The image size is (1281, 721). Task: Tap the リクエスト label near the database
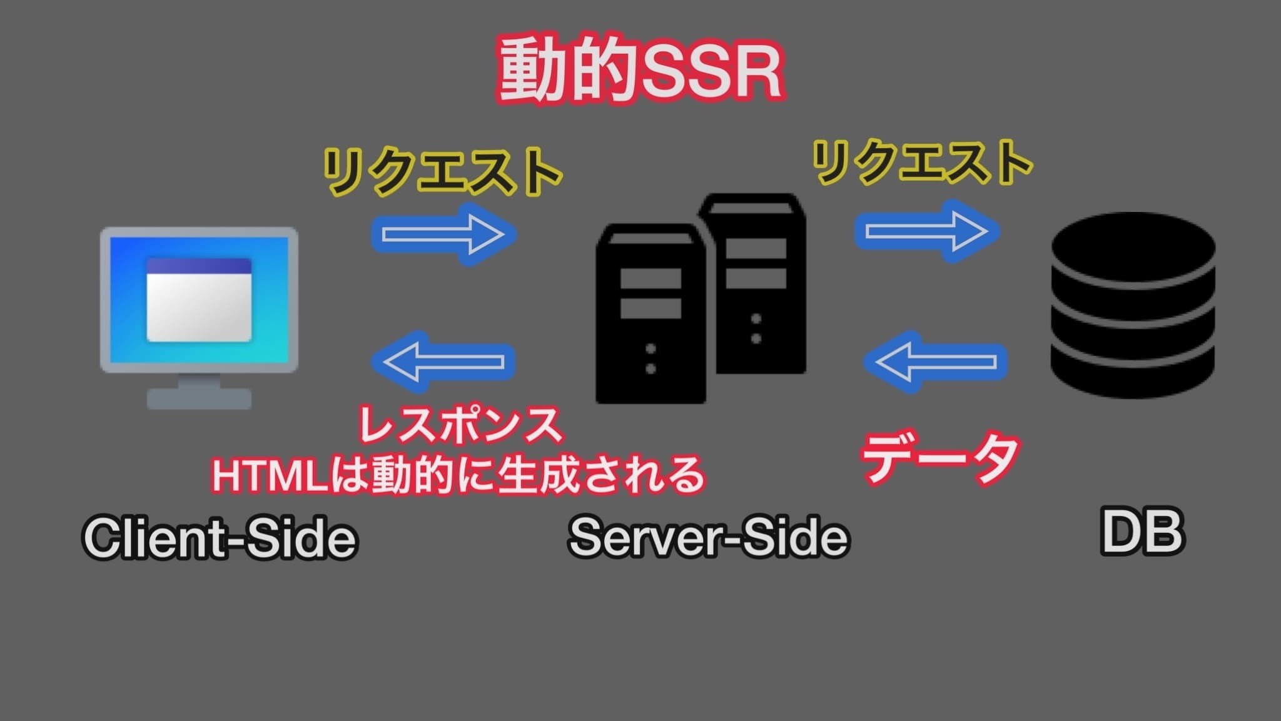(922, 163)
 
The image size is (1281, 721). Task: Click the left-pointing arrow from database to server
(936, 362)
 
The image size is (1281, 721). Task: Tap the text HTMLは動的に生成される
(458, 475)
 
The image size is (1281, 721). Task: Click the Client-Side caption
(220, 537)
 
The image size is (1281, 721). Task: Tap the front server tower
(651, 319)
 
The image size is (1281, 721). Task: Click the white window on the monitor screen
(199, 300)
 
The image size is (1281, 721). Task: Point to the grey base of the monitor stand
(199, 398)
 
